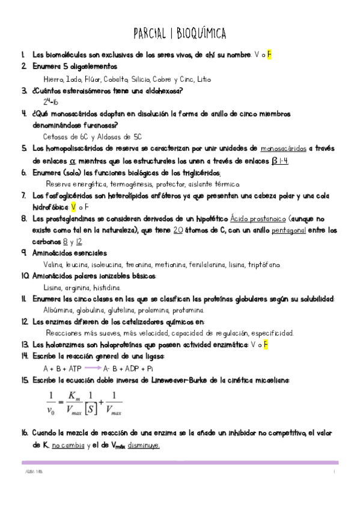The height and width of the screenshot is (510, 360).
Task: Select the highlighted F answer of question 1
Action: [270, 55]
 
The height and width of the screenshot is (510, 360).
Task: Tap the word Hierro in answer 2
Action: [55, 79]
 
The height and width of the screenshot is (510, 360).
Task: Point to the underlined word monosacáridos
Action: [284, 149]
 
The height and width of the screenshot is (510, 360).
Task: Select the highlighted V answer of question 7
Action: [73, 206]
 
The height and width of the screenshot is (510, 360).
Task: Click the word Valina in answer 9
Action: [54, 264]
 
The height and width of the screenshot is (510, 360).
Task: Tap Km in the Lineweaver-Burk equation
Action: [75, 396]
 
